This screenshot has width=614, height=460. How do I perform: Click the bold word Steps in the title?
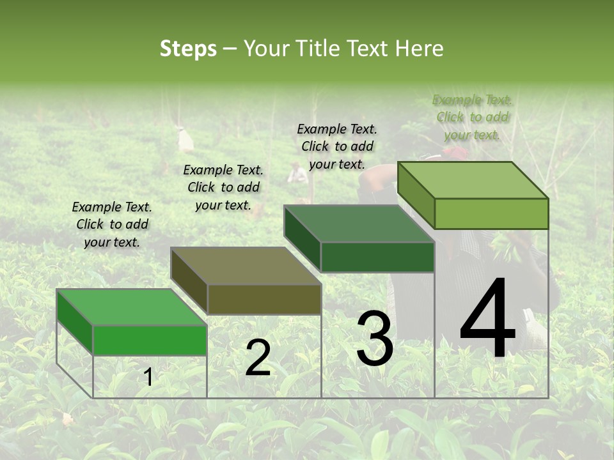(188, 49)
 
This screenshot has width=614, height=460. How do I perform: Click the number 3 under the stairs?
(374, 339)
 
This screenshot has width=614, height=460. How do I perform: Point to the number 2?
(258, 358)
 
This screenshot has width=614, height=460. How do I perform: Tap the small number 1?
(148, 378)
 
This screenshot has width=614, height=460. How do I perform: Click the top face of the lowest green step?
(131, 307)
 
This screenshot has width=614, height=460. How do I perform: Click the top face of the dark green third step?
(358, 224)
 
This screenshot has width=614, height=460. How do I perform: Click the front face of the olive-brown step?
(264, 299)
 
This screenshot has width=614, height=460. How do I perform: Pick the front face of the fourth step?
(491, 213)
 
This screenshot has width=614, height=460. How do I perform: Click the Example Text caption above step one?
(112, 224)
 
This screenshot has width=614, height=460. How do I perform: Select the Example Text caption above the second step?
(223, 187)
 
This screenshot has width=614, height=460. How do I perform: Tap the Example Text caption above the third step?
(337, 146)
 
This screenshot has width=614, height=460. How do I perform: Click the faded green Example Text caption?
(472, 117)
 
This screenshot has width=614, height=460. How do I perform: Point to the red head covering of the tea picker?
(455, 153)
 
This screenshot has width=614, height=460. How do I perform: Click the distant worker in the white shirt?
(297, 172)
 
